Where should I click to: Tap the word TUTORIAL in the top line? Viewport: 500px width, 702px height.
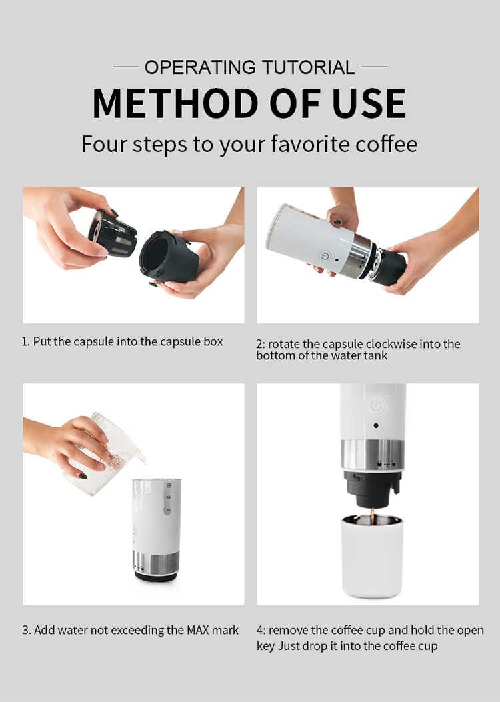click(x=309, y=67)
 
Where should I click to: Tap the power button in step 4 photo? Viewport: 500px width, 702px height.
click(x=376, y=407)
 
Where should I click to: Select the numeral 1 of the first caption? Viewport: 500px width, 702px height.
click(x=24, y=341)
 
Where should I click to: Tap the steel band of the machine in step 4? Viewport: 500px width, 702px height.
click(x=373, y=455)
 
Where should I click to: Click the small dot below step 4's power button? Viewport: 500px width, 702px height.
click(x=376, y=426)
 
